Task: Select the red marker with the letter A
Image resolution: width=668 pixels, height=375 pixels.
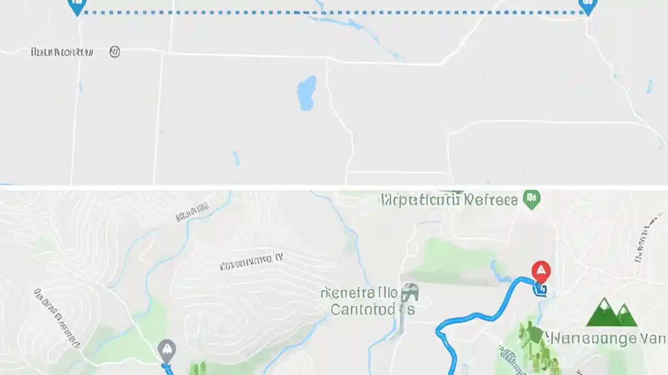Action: click(541, 271)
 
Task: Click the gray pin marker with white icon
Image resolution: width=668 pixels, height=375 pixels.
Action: click(166, 350)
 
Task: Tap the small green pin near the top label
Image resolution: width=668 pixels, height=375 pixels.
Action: click(532, 199)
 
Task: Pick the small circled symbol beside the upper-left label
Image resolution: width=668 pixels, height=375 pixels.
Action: click(114, 52)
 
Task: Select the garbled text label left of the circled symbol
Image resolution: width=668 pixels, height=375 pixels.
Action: click(62, 52)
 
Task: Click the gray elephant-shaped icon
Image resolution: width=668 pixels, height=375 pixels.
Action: click(410, 294)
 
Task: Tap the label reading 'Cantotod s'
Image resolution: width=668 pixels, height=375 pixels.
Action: click(373, 309)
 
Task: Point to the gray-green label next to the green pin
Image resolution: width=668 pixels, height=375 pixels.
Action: click(449, 199)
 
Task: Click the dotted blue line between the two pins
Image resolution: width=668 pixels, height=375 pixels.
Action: click(334, 12)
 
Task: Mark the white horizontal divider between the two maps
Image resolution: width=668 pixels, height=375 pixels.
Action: click(334, 187)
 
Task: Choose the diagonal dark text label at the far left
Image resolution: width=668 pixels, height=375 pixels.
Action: click(57, 318)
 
